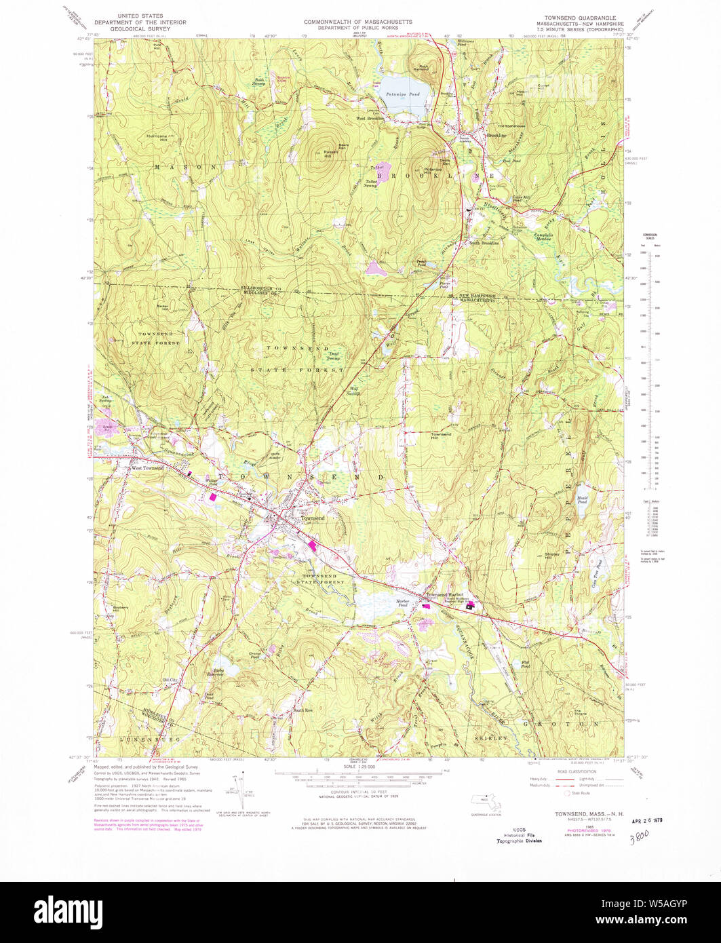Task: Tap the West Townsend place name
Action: click(x=147, y=468)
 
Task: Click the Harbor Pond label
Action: click(x=406, y=602)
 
